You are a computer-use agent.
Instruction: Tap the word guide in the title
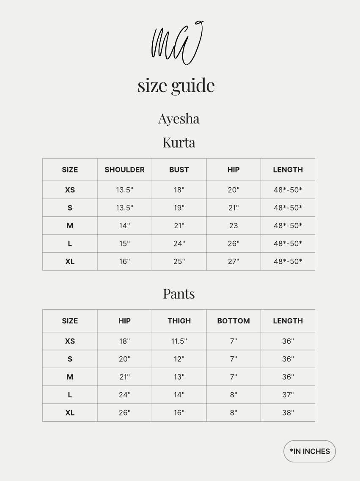tap(193, 85)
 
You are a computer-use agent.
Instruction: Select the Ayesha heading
tap(179, 118)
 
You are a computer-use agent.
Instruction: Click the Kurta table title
tap(179, 142)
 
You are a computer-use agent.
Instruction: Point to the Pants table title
tap(179, 293)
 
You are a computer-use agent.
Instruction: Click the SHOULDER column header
tap(124, 169)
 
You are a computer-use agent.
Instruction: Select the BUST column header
tap(179, 169)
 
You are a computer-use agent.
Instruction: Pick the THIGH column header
tap(179, 321)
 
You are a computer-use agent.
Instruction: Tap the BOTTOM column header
tap(234, 321)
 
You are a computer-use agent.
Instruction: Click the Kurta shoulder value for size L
tap(124, 243)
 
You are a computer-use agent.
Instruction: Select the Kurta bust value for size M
tap(179, 226)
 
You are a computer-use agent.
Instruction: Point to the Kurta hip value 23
tap(234, 226)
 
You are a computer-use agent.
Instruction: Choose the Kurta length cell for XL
tap(288, 261)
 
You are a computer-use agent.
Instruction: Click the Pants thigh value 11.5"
tap(179, 341)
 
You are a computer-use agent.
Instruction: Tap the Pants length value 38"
tap(288, 413)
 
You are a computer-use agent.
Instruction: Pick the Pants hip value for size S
tap(124, 359)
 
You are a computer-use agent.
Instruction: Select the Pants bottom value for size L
tap(234, 395)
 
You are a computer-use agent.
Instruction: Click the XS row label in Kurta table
tap(70, 190)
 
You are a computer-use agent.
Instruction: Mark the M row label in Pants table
tap(70, 377)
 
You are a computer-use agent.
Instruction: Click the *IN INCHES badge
tap(310, 451)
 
